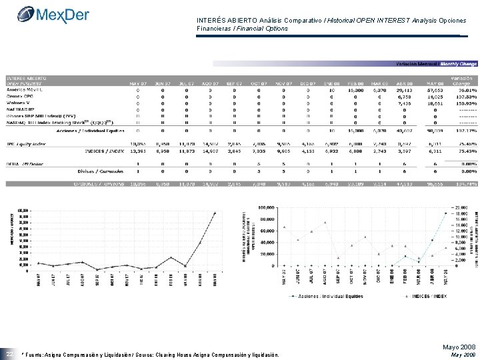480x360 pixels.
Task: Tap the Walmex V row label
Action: click(21, 102)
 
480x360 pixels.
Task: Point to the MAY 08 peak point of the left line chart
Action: click(215, 213)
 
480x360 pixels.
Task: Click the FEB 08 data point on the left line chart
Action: click(171, 257)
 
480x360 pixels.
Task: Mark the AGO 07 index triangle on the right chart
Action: click(324, 222)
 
